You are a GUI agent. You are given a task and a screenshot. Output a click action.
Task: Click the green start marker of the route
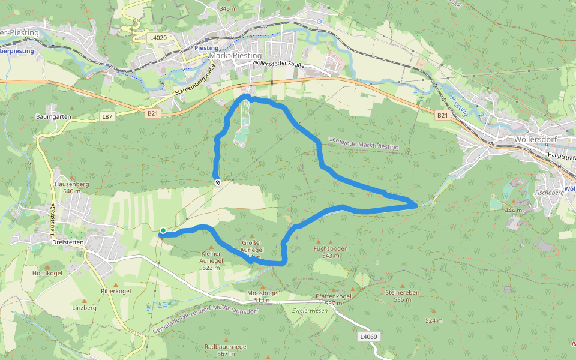[163, 230]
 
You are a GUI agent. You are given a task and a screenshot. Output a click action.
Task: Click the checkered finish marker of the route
[217, 182]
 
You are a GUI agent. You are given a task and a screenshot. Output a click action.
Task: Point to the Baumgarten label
[54, 116]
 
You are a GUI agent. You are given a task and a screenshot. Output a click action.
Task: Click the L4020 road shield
[158, 37]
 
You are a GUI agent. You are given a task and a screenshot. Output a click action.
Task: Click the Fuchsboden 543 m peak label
[331, 251]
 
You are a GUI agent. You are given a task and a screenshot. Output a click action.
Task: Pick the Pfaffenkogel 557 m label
[333, 300]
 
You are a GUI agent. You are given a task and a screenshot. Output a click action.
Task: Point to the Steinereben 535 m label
[402, 296]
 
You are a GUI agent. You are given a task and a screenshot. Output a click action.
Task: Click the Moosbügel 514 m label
[263, 296]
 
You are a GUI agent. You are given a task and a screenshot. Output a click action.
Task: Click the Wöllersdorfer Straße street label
[279, 65]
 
